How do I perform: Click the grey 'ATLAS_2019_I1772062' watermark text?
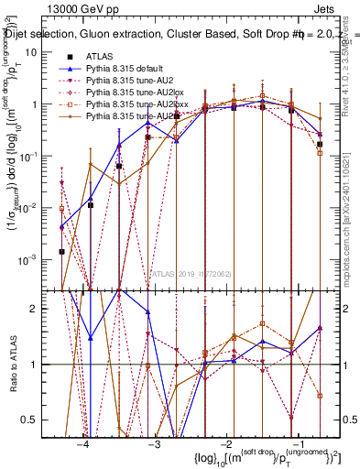pyautogui.click(x=191, y=273)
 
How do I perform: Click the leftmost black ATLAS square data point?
pyautogui.click(x=61, y=252)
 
